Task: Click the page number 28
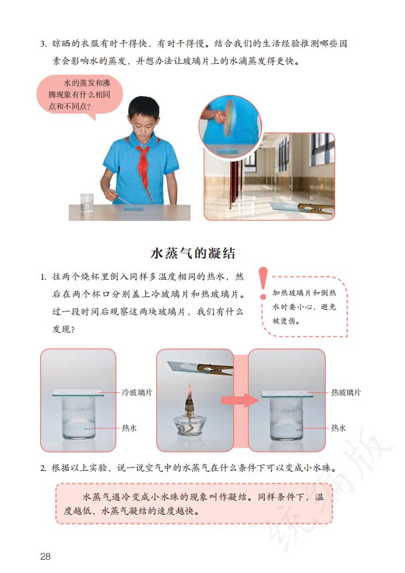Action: pos(45,556)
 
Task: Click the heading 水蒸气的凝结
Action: pos(193,254)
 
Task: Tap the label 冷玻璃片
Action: pos(137,392)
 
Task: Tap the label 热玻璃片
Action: pos(346,392)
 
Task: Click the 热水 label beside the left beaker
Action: pos(129,428)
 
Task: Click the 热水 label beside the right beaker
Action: pos(339,428)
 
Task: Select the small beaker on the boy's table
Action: pos(87,202)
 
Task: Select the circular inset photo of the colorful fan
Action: pos(230,126)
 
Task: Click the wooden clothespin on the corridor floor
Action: pos(315,208)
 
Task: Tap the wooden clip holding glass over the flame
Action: pos(213,368)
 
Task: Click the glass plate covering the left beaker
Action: pos(78,393)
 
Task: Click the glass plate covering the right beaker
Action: pos(286,393)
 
